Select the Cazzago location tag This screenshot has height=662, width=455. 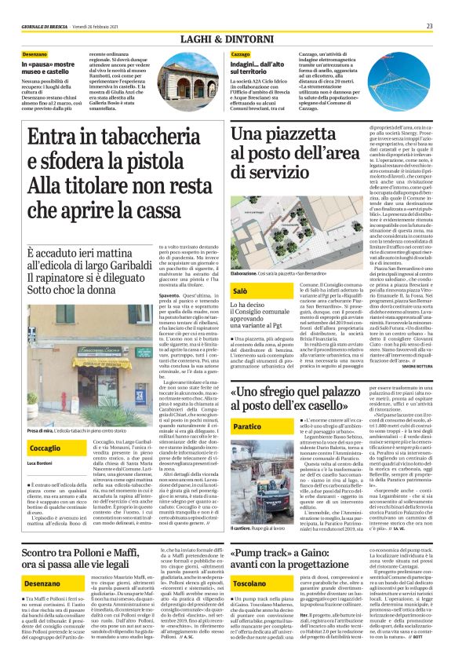click(x=241, y=53)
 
